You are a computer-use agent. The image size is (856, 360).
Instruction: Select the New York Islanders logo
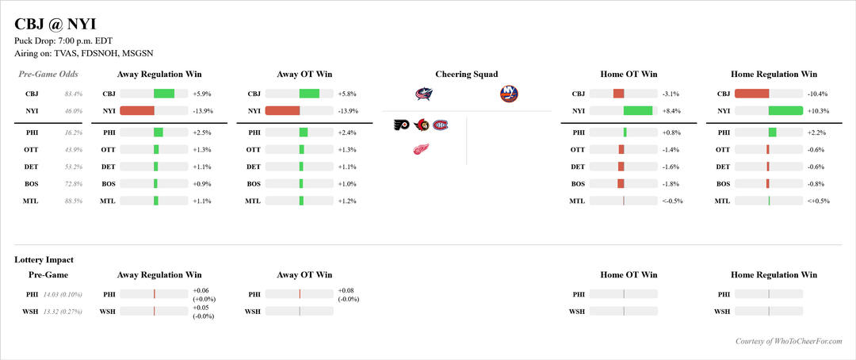[509, 94]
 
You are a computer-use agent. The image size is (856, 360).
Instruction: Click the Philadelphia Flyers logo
[403, 124]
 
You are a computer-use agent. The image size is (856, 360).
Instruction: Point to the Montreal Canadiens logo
[440, 124]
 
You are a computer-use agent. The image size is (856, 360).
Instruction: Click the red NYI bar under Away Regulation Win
[137, 111]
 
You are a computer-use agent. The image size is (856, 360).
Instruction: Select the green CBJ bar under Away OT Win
[309, 94]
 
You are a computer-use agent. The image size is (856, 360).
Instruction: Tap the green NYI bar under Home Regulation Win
[785, 111]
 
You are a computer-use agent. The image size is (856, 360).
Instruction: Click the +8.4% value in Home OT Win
[671, 111]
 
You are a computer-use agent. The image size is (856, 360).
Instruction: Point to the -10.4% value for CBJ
[817, 94]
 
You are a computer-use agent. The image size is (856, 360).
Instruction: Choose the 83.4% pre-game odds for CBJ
[73, 94]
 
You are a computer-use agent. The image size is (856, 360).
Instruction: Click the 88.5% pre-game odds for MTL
[73, 201]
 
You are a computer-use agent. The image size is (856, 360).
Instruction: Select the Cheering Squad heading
[466, 74]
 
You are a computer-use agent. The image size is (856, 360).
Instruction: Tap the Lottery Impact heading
[44, 259]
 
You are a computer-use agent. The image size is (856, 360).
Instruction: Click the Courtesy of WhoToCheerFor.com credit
[788, 341]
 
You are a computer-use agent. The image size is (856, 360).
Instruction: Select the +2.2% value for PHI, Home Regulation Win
[816, 132]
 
